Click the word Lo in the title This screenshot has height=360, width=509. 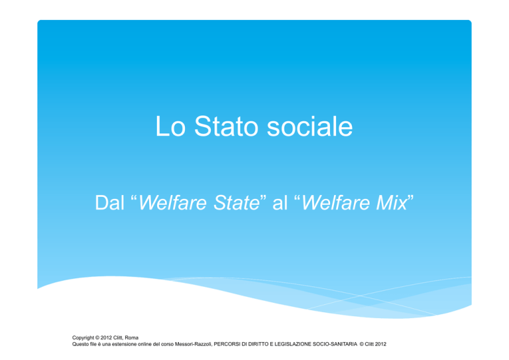coord(170,126)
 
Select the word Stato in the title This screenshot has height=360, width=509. coord(226,126)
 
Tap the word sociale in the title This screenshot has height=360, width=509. coord(310,126)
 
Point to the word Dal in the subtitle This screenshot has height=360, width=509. coord(110,203)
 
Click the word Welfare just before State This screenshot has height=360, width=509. coord(172,203)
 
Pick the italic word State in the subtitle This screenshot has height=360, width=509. coord(237,203)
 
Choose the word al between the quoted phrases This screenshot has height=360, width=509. coord(280,203)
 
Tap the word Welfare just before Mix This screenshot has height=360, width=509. coord(335,203)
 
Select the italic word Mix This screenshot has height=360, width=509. coord(391,203)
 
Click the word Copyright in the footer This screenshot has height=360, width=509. coord(83,337)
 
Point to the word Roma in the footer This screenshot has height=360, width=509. coord(131,337)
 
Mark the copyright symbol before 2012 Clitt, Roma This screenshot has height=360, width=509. coord(97,337)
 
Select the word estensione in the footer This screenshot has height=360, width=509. coord(125,344)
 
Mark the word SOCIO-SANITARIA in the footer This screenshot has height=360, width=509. coord(335,344)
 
